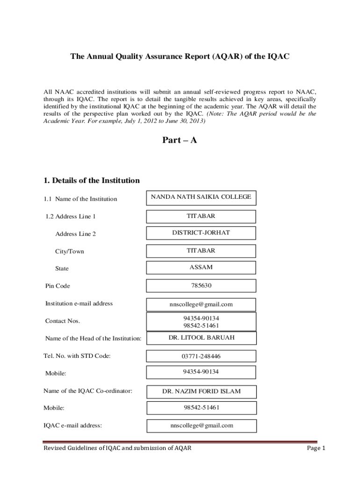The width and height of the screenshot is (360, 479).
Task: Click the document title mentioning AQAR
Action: [180, 57]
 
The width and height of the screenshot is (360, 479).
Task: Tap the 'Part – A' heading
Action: [180, 140]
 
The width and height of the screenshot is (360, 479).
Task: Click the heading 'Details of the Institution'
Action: [91, 180]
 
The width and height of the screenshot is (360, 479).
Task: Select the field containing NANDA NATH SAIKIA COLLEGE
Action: [201, 197]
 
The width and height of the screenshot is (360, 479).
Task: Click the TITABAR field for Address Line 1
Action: [201, 216]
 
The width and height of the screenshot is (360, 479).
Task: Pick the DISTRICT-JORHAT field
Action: [201, 233]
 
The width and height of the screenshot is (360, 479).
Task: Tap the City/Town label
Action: [70, 251]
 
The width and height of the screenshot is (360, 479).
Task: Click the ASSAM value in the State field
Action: [201, 267]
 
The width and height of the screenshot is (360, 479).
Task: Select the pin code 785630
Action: [201, 285]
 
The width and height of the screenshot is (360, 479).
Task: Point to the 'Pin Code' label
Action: [58, 286]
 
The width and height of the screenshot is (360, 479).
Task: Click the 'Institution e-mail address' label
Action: [79, 304]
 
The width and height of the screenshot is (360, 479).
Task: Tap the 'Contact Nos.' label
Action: [63, 321]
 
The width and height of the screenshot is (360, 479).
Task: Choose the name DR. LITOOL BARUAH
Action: [202, 337]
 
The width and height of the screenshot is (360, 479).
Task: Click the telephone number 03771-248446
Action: [201, 356]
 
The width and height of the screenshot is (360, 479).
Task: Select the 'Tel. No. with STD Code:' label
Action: [78, 356]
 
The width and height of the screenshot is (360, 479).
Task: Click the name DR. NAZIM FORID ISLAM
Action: [202, 391]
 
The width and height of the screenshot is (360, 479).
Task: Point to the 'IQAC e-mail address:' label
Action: [72, 426]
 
